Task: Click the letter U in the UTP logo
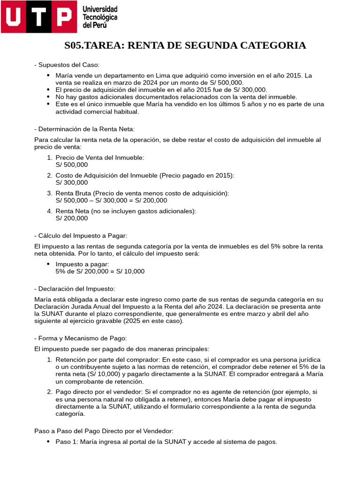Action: click(13, 17)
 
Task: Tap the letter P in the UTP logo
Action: click(64, 17)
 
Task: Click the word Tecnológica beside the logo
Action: click(100, 17)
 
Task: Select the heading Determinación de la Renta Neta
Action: click(87, 129)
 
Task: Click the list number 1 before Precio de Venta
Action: click(49, 157)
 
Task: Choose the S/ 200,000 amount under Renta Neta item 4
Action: click(71, 218)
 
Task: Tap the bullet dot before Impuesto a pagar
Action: click(48, 264)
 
